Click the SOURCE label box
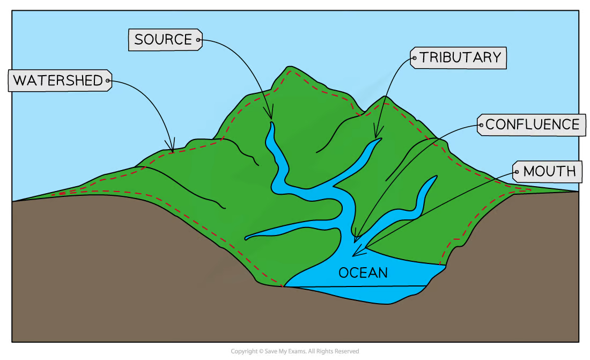coord(165,40)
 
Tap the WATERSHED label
coord(60,80)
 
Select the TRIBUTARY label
coord(458,57)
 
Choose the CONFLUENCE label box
coord(532,124)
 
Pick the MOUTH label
coord(547,171)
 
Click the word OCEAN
coord(363,273)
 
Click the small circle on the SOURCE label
coord(198,40)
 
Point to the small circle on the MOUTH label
coord(517,172)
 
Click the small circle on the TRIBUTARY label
coord(415,58)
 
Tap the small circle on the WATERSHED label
coord(108,80)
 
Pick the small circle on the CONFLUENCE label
coord(481,125)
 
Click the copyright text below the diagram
coord(294,351)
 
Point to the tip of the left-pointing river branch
coord(246,238)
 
